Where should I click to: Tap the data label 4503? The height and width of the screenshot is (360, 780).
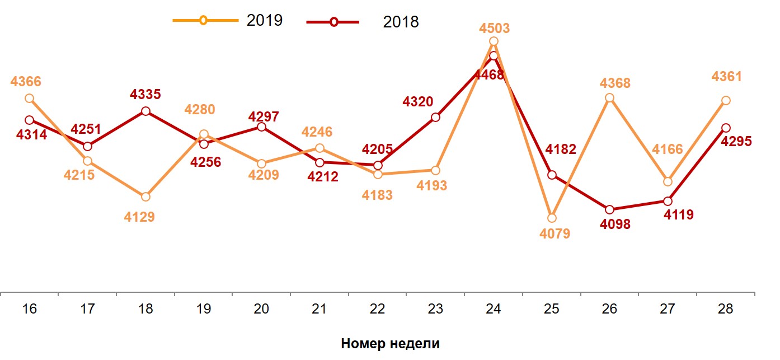[x=495, y=28]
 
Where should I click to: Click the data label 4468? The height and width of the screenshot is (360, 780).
[x=488, y=74]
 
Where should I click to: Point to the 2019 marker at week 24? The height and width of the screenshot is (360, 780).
[x=494, y=41]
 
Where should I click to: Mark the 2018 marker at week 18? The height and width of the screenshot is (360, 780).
[x=145, y=111]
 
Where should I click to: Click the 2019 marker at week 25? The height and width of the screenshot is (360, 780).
[x=552, y=218]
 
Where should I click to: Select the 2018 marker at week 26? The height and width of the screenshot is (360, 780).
[x=610, y=209]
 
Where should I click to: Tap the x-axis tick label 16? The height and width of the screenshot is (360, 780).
[x=30, y=308]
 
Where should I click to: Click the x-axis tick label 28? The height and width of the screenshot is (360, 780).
[x=725, y=308]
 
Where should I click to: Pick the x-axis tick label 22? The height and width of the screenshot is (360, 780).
[x=378, y=308]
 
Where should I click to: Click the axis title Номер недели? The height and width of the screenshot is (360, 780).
[x=390, y=344]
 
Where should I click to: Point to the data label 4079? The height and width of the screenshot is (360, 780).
[x=555, y=233]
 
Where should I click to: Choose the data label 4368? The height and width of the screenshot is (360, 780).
[x=615, y=83]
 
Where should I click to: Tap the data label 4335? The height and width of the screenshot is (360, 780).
[x=145, y=94]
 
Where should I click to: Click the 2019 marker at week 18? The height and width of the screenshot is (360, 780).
[x=145, y=197]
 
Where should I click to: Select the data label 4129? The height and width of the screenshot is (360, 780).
[x=139, y=217]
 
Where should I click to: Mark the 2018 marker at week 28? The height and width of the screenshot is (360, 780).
[x=726, y=128]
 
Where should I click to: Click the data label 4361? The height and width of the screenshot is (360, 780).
[x=726, y=76]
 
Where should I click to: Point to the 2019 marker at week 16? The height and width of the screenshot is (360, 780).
[x=30, y=99]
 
